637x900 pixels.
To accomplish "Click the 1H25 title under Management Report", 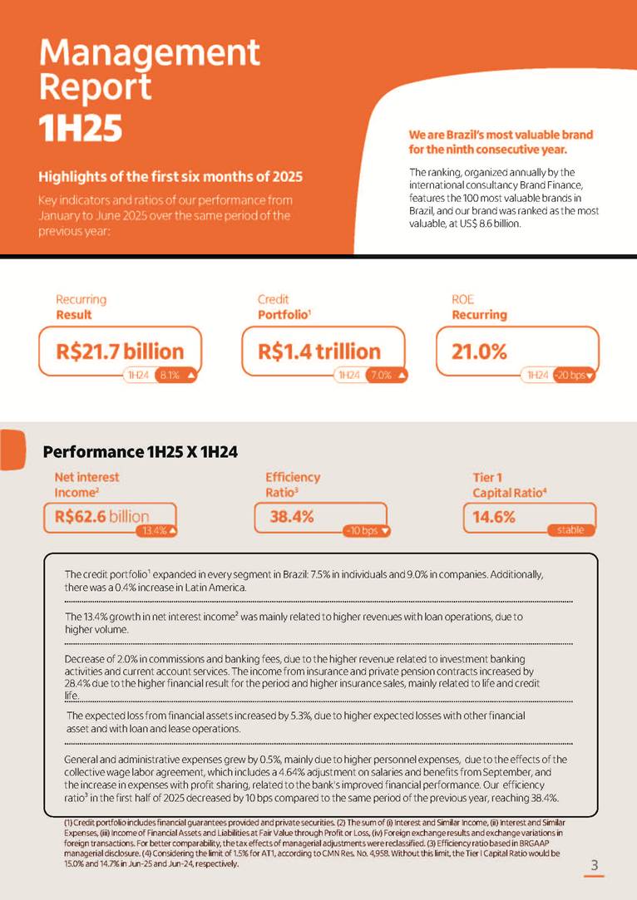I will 81,128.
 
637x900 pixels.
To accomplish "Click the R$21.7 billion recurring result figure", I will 120,351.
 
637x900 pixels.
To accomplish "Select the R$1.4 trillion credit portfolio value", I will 319,351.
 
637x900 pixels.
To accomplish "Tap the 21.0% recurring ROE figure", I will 479,351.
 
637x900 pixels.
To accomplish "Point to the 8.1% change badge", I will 175,376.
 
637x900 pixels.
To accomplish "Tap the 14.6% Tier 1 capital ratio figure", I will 494,516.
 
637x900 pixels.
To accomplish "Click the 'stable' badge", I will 570,530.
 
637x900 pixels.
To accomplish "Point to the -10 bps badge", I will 367,530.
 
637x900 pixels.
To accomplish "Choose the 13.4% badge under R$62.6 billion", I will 160,530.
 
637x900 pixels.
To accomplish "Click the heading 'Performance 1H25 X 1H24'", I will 141,452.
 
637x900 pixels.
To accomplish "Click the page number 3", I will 594,865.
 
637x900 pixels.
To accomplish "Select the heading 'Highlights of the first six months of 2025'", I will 170,177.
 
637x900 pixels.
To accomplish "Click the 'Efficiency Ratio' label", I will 293,484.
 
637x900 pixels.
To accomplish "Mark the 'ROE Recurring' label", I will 479,307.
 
